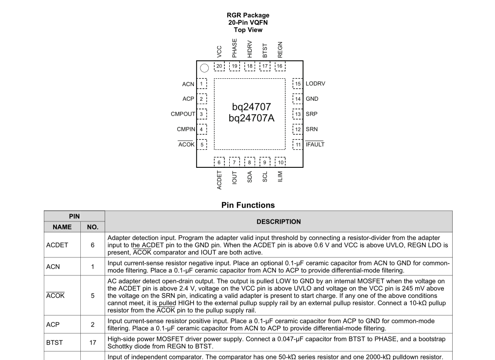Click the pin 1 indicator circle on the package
205,68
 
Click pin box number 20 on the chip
220,66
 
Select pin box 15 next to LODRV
297,84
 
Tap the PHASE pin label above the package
235,49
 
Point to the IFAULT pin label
315,144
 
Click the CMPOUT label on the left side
183,114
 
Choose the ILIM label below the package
280,177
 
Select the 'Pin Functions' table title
248,205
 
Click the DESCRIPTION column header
278,222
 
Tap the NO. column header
92,227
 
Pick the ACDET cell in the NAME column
57,245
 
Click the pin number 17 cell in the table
92,342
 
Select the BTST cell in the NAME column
55,342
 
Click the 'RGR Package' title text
248,15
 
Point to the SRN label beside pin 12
312,129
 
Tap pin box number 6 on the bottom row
220,162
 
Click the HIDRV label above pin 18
250,50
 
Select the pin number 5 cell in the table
92,295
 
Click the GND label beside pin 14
312,99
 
